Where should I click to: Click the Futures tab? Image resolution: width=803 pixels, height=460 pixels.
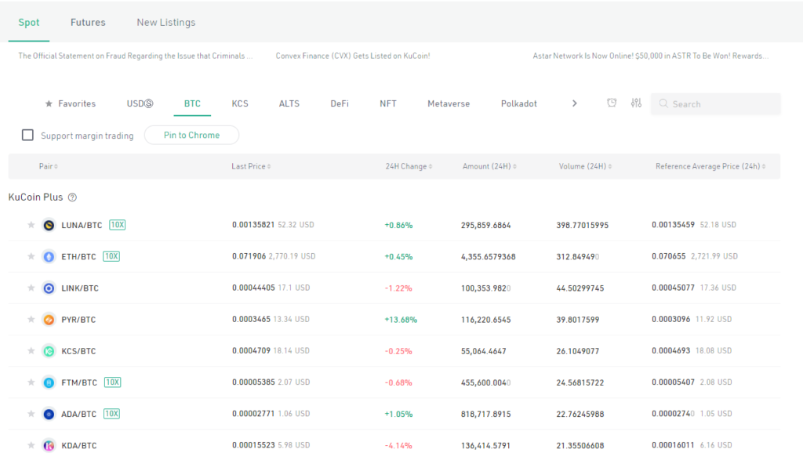[x=88, y=23]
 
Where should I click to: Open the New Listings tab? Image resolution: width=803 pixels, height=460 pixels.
[x=166, y=23]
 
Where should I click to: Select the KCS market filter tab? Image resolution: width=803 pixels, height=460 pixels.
[x=240, y=103]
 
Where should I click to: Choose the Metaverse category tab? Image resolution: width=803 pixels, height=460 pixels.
[x=449, y=103]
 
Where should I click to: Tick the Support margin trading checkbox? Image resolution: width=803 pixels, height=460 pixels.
[x=27, y=136]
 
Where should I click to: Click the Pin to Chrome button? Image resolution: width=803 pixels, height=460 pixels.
[x=191, y=135]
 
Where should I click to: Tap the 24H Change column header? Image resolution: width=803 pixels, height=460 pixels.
[x=406, y=166]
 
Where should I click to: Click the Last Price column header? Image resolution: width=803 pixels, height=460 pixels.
[x=249, y=166]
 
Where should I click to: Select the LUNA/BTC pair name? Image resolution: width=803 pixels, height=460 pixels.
[x=82, y=225]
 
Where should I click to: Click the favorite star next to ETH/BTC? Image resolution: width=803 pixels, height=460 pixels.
[x=31, y=256]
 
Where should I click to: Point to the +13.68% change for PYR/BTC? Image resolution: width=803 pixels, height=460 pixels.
[x=400, y=320]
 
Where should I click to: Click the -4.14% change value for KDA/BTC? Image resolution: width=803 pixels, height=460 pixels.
[x=398, y=446]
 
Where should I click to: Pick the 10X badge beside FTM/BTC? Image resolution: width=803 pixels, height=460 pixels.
[x=112, y=382]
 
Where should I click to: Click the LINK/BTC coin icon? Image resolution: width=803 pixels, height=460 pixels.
[x=49, y=288]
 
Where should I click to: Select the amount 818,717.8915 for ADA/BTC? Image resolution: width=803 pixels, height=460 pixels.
[x=485, y=414]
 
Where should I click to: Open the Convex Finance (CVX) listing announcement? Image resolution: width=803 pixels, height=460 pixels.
[x=353, y=56]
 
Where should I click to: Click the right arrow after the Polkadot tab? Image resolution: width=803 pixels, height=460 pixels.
[x=574, y=103]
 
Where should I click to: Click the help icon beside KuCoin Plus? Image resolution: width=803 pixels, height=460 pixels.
[x=72, y=197]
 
